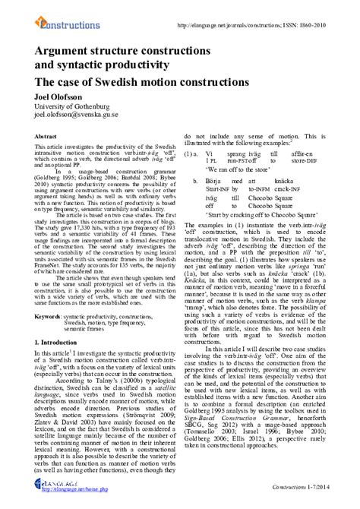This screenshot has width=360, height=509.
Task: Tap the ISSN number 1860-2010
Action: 334,11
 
